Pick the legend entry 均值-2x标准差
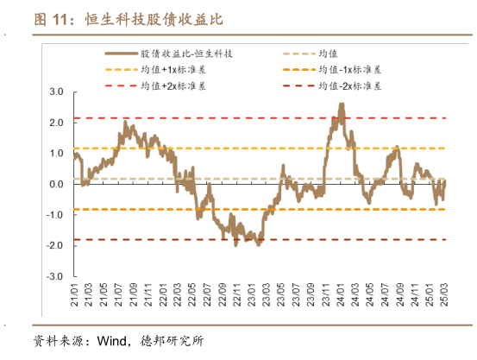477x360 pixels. tap(350, 85)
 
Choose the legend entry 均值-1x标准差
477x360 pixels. tap(350, 69)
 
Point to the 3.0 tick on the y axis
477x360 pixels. tap(57, 92)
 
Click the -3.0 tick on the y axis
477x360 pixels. tap(55, 277)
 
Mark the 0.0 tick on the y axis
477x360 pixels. tap(57, 185)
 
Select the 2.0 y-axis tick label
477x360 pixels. tap(57, 123)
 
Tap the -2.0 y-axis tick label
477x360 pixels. tap(55, 246)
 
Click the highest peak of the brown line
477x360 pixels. tap(342, 104)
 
